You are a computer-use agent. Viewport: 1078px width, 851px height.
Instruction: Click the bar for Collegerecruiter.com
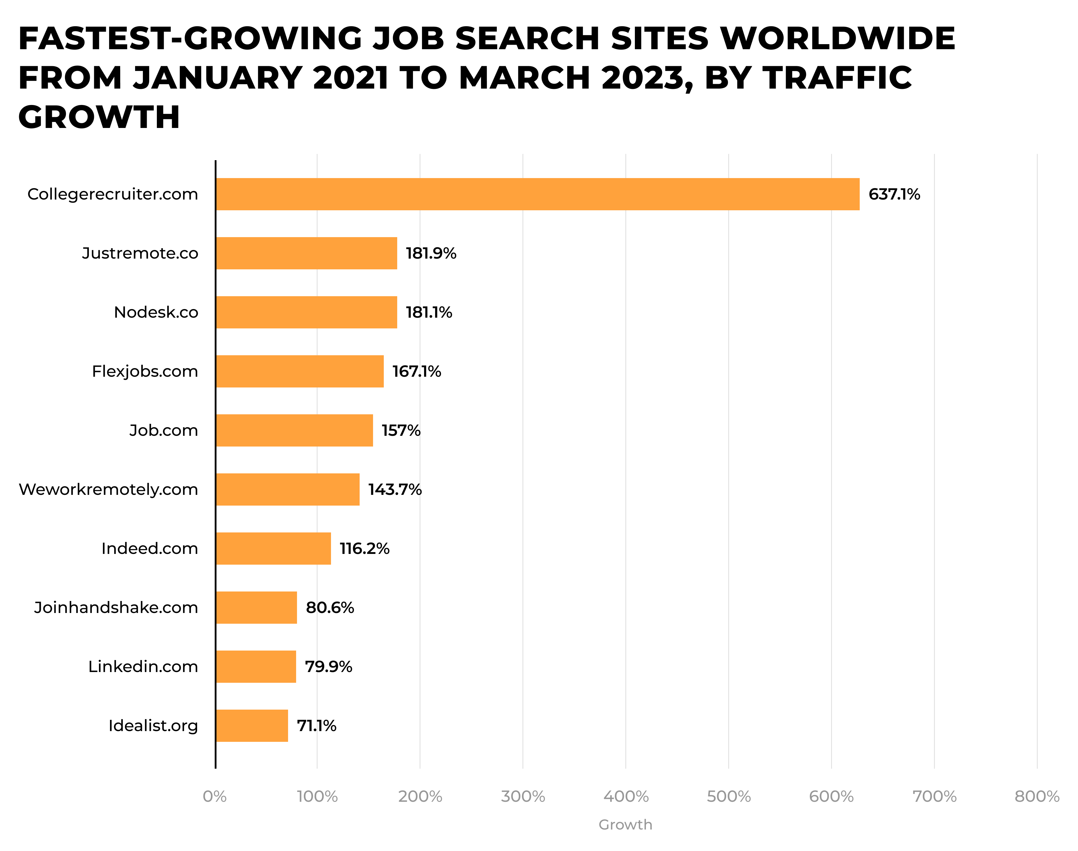click(537, 194)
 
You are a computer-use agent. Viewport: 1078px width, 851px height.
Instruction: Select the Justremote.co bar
click(306, 253)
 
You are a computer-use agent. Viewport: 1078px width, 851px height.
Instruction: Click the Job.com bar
click(294, 430)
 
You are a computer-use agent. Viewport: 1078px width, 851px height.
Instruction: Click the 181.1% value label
click(429, 312)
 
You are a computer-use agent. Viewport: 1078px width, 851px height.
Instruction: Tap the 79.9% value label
click(328, 667)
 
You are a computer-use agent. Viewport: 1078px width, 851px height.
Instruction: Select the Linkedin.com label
click(143, 667)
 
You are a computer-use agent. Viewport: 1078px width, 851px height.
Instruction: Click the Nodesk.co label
click(156, 312)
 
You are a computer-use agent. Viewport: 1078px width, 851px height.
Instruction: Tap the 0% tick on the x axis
click(215, 796)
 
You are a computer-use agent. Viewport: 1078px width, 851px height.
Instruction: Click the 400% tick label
click(626, 796)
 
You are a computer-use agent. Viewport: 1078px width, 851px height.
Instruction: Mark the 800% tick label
click(1037, 796)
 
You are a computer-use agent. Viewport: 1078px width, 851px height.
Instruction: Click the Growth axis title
click(625, 824)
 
